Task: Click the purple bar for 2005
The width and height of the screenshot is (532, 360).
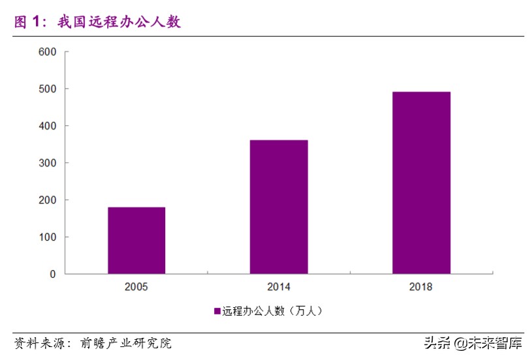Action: (136, 240)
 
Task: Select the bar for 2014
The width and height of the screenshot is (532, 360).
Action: (279, 207)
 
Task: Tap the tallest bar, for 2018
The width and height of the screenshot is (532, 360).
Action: (421, 183)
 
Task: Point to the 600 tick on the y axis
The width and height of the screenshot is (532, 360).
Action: (48, 52)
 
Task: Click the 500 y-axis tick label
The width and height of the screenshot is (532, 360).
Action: (48, 89)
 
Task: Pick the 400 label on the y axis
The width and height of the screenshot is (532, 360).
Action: (48, 126)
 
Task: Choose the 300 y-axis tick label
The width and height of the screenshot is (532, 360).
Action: (48, 163)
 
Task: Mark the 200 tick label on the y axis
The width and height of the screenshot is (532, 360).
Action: (48, 200)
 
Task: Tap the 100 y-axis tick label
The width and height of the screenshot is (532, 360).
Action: (48, 237)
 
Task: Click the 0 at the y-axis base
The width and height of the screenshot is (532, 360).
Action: (54, 275)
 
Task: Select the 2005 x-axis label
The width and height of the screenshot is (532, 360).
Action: (136, 287)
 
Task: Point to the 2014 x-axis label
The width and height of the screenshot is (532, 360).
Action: (279, 287)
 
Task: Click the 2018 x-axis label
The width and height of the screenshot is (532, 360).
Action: (421, 287)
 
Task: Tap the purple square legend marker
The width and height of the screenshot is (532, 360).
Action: (217, 312)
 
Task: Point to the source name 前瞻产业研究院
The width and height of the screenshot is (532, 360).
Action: (126, 343)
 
